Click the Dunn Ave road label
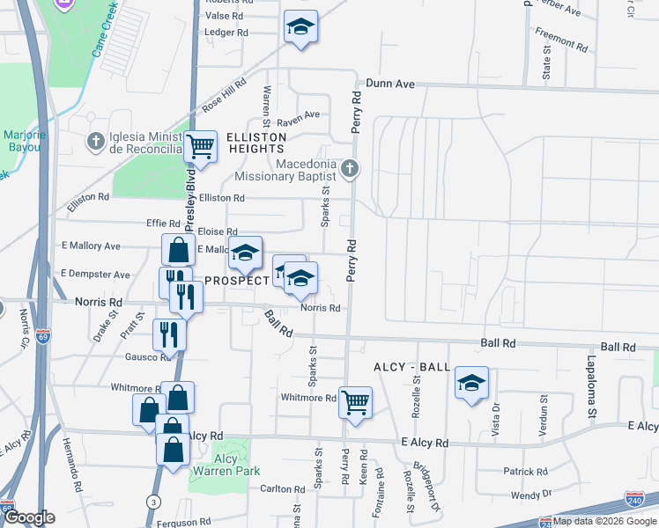(x=390, y=84)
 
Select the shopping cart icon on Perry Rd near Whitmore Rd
(x=355, y=403)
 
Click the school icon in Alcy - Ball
(x=471, y=383)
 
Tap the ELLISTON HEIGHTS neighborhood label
(x=256, y=143)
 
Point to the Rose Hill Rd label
(x=224, y=93)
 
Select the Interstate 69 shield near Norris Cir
(x=45, y=335)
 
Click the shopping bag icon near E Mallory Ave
(x=178, y=250)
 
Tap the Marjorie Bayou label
(x=24, y=141)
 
